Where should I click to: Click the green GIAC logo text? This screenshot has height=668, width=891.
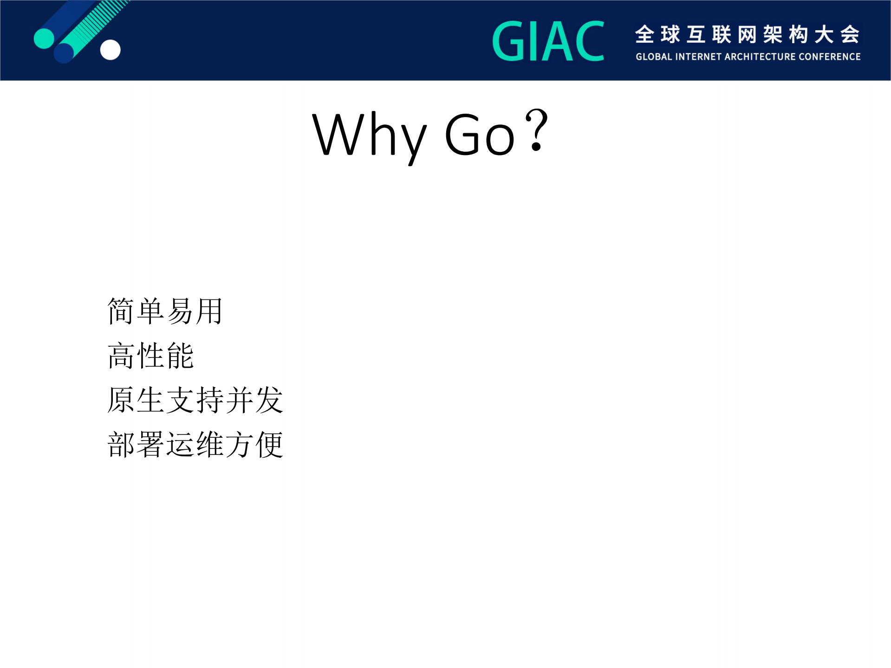pos(548,41)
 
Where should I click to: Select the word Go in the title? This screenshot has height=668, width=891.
pos(479,135)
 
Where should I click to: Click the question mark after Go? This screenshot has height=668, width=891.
pos(537,130)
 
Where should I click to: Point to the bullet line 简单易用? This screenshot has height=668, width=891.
pos(164,311)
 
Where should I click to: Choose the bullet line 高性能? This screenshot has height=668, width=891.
pos(150,356)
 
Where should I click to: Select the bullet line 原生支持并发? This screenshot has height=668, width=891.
pos(195,400)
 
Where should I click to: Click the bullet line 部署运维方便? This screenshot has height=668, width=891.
pos(195,445)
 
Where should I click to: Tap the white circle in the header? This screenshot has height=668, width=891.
pos(111,50)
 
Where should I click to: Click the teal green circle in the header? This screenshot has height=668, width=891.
pos(44,39)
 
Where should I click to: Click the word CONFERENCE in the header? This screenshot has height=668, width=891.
pos(833,57)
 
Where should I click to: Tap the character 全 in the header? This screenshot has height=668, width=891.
pos(645,35)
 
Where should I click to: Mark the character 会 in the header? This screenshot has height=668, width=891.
pos(850,35)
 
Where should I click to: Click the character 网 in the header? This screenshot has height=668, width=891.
pos(747,35)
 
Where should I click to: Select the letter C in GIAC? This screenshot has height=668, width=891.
pos(589,41)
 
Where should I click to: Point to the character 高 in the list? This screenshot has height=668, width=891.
pos(121,356)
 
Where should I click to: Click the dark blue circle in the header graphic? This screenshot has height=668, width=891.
pos(64,52)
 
